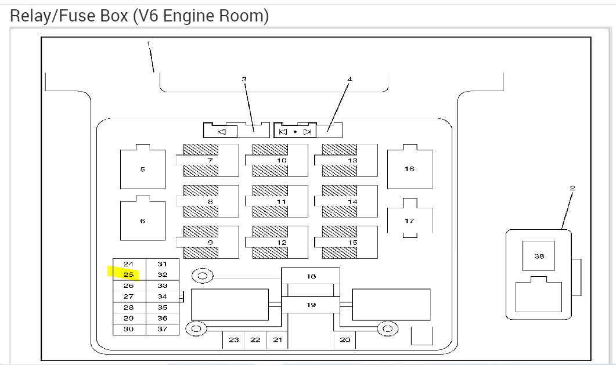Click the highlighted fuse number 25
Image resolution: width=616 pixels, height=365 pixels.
point(128,274)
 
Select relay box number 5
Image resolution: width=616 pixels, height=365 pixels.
point(142,169)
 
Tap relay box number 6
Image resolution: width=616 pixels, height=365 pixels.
point(142,221)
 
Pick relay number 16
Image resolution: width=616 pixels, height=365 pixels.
point(409,169)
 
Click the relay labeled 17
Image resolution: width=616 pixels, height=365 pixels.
point(409,221)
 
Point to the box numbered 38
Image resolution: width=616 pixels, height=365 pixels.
point(538,256)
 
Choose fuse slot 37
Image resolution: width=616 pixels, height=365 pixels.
point(162,329)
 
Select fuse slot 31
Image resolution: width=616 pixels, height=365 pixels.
point(162,264)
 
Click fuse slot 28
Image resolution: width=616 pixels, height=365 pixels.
point(128,308)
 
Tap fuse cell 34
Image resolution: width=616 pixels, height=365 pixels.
point(162,297)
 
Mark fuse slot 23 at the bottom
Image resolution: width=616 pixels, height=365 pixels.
point(233,340)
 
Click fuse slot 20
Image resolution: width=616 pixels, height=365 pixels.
point(345,340)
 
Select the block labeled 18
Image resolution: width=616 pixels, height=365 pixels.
point(311,276)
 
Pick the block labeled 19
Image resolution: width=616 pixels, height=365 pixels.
point(311,304)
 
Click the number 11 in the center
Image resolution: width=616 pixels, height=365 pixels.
point(282,201)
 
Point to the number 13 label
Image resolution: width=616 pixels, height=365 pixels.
point(352,160)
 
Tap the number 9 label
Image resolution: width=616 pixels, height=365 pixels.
point(210,243)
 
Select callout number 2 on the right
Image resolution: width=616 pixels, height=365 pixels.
point(572,188)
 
